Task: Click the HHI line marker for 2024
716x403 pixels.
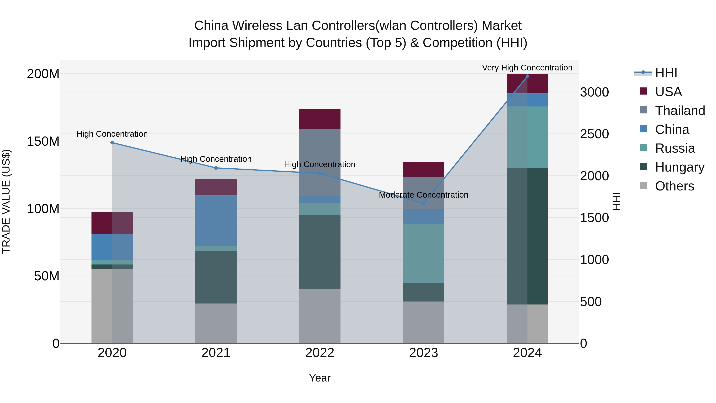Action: [x=527, y=76]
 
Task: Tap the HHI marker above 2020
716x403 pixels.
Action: [x=112, y=143]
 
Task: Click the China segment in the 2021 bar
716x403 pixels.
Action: [x=216, y=221]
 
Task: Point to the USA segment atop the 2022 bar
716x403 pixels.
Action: [x=320, y=119]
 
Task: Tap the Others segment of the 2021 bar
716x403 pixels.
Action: [x=216, y=323]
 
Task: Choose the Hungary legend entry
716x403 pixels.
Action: [x=679, y=167]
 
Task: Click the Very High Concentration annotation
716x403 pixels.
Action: [x=527, y=68]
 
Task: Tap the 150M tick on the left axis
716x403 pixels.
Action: [x=43, y=141]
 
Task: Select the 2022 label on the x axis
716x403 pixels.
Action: [x=320, y=353]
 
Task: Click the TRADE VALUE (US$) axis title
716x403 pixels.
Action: [x=6, y=201]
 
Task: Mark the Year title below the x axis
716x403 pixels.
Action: [x=320, y=378]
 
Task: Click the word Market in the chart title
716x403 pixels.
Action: [x=501, y=26]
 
